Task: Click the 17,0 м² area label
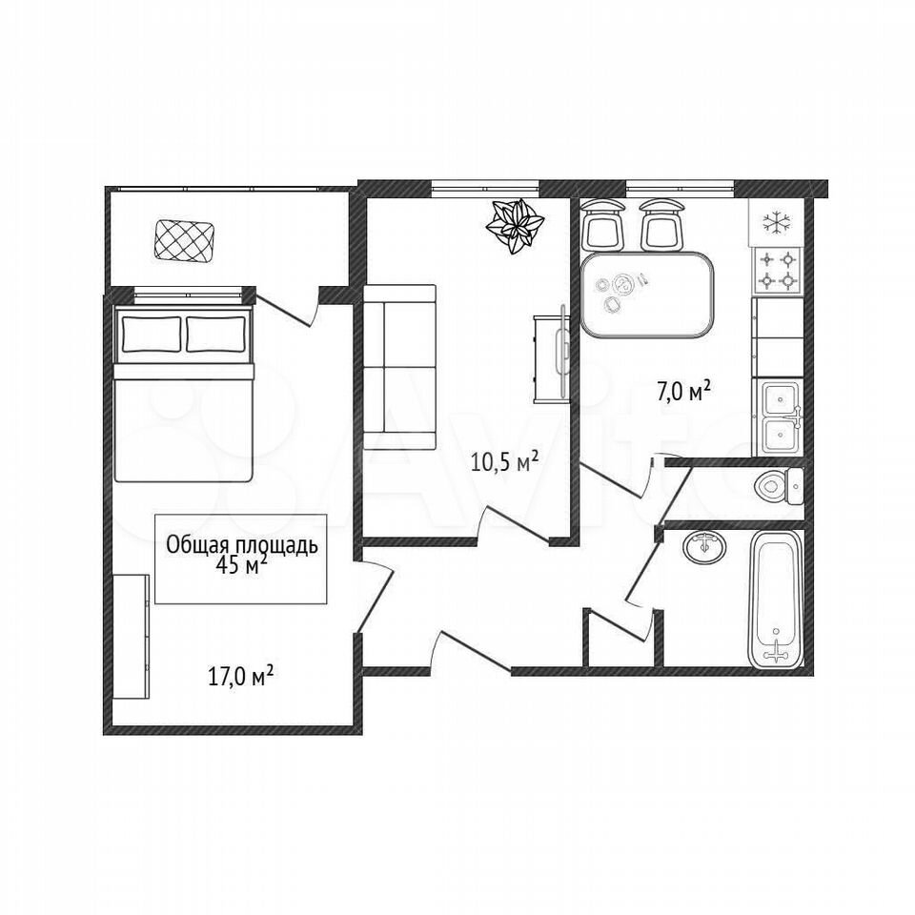pos(241,678)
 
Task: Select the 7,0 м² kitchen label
pos(684,392)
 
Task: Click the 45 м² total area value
pos(241,565)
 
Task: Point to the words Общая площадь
pos(242,545)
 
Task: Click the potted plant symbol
pos(516,227)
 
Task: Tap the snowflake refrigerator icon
pos(777,222)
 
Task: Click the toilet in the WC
pos(779,485)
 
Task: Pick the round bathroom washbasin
pos(705,546)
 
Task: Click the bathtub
pos(776,599)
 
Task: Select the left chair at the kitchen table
pos(602,225)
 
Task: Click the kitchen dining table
pos(647,295)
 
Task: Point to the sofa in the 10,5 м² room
pos(399,366)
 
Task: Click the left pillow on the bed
pos(151,334)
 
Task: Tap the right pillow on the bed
pos(215,334)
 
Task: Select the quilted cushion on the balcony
pos(183,240)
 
